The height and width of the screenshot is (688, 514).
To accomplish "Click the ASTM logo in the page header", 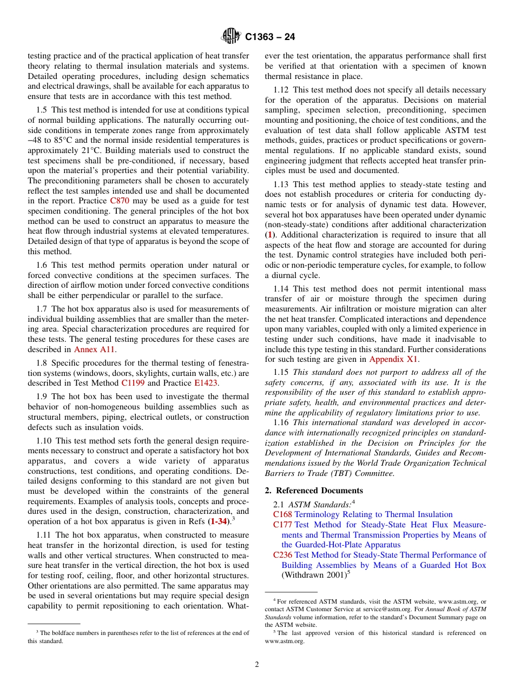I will [231, 37].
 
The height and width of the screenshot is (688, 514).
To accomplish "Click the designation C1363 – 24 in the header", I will [270, 37].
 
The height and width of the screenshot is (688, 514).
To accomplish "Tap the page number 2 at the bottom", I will [257, 665].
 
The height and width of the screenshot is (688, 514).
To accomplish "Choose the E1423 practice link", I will [206, 383].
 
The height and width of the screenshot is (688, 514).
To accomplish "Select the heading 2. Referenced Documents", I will [314, 491].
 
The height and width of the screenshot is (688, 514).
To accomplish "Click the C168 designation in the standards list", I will [282, 514].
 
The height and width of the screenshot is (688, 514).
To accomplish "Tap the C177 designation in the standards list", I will [282, 525].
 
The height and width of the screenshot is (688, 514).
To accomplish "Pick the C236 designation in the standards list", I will [282, 555].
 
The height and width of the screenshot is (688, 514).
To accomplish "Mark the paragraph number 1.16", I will [281, 422].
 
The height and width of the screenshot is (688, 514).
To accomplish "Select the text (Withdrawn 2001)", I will [313, 575].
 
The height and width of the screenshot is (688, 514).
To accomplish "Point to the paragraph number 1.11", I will [45, 535].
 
